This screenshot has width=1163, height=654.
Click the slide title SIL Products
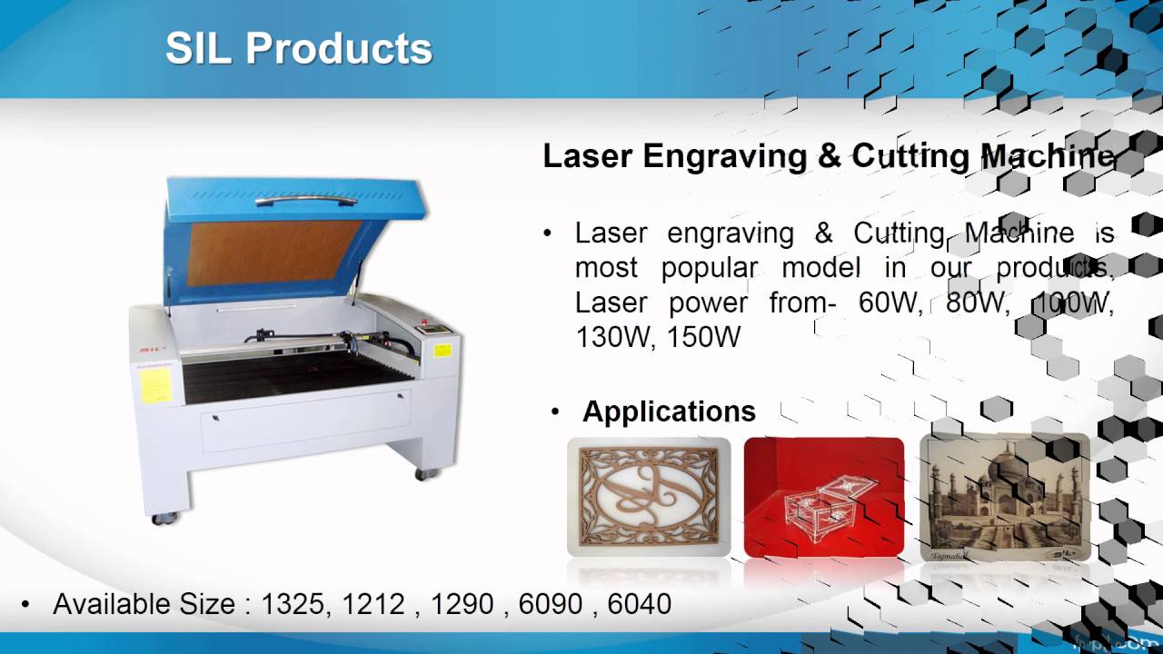click(x=298, y=49)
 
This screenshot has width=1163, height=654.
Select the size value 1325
click(x=294, y=604)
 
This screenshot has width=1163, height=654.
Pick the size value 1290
click(x=462, y=604)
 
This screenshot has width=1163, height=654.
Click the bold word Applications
click(x=669, y=411)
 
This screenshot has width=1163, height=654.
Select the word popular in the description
click(x=709, y=268)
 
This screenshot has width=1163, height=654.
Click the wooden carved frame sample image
click(x=649, y=496)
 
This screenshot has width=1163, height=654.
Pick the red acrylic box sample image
click(x=823, y=496)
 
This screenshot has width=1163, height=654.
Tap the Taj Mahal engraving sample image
click(x=1004, y=496)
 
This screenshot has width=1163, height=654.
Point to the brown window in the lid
click(x=274, y=253)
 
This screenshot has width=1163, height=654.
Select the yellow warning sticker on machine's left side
click(x=154, y=385)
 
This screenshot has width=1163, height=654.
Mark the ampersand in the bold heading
click(x=830, y=156)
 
